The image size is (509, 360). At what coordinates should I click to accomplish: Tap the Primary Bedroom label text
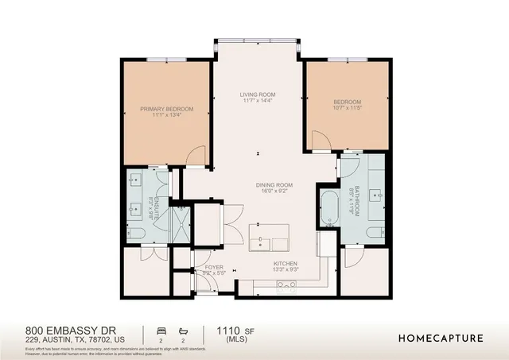pos(167,108)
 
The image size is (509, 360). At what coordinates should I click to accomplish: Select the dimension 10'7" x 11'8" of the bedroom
pos(348,109)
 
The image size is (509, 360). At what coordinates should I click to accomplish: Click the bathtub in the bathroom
pos(328,208)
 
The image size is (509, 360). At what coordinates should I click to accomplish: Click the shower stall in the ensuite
pos(181,217)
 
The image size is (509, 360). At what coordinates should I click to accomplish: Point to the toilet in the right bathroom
pos(373,232)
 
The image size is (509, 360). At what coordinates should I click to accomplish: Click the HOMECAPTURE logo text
pos(441,338)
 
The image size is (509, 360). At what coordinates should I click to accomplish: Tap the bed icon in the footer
pos(161,329)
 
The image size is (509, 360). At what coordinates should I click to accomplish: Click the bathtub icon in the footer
pos(184,329)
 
